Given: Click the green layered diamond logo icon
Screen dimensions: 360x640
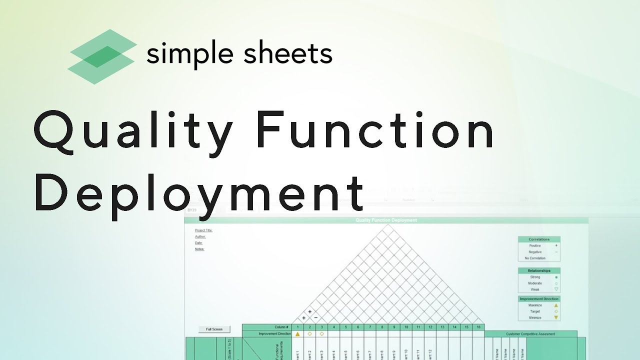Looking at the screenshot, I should click(102, 56).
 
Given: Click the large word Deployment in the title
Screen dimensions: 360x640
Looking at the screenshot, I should click(199, 192).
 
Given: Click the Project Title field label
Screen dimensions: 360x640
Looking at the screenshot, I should click(203, 230).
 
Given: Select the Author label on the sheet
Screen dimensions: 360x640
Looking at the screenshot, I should click(200, 236).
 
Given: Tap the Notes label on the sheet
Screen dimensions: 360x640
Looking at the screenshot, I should click(199, 249).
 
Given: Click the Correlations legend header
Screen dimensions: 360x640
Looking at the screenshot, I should click(539, 239).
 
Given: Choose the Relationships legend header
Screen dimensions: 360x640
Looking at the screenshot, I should click(539, 270).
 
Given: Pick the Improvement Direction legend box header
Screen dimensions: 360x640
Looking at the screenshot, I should click(539, 298).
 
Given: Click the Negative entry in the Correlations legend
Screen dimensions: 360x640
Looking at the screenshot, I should click(535, 252).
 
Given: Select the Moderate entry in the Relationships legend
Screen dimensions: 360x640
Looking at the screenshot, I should click(535, 283).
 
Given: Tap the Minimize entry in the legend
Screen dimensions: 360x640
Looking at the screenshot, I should click(535, 317).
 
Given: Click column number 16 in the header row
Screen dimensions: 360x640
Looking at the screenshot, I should click(478, 327).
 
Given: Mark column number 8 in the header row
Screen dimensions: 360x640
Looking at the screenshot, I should click(382, 327).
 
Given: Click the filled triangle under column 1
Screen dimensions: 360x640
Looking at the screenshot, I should click(297, 333).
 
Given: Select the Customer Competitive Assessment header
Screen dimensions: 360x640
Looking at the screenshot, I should click(530, 333).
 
